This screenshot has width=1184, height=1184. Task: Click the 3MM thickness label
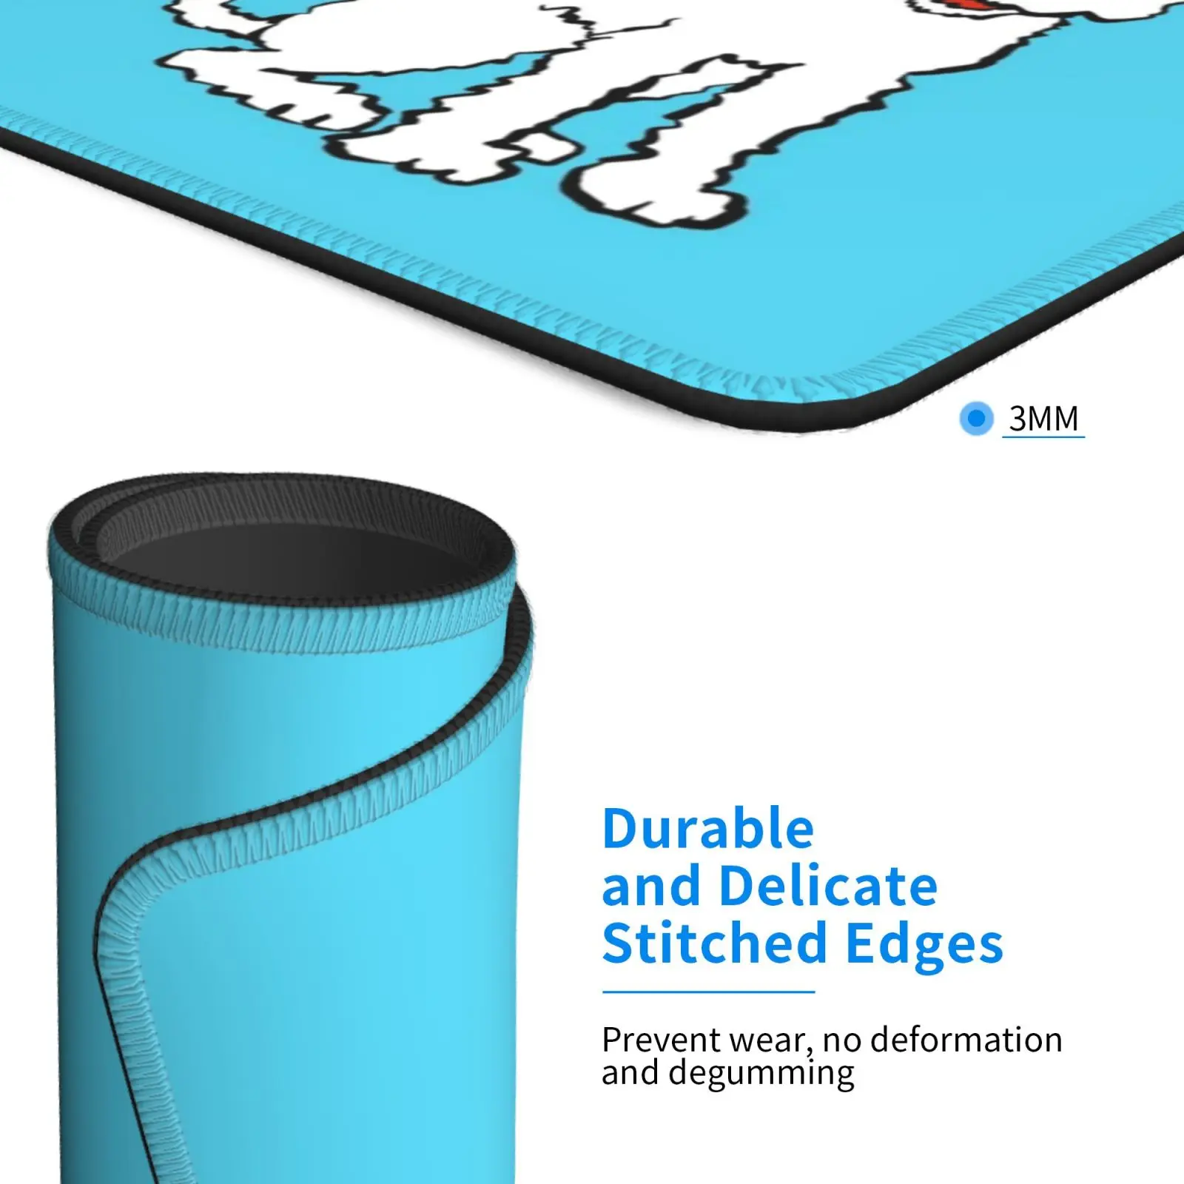coord(1043,418)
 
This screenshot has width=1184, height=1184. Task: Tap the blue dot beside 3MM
coord(976,418)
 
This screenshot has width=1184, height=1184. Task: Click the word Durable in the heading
coord(708,829)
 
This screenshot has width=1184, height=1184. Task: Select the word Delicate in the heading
coord(828,886)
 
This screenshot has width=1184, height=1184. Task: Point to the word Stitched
coord(714,943)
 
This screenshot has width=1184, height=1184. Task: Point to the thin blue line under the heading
coord(708,992)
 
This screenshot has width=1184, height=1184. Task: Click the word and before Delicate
coord(651,887)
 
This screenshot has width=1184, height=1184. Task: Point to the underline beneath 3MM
coord(1043,437)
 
